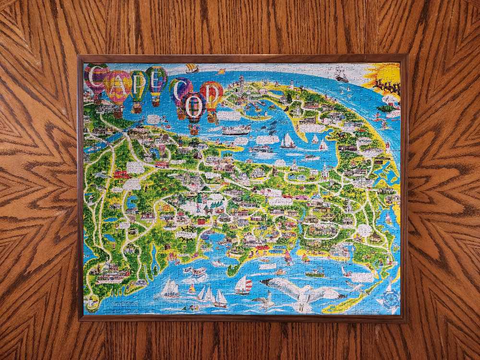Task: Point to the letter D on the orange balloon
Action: [x=211, y=93]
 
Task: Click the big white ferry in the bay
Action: [x=236, y=130]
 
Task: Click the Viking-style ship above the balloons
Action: [x=192, y=68]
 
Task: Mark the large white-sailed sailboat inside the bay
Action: [x=288, y=140]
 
